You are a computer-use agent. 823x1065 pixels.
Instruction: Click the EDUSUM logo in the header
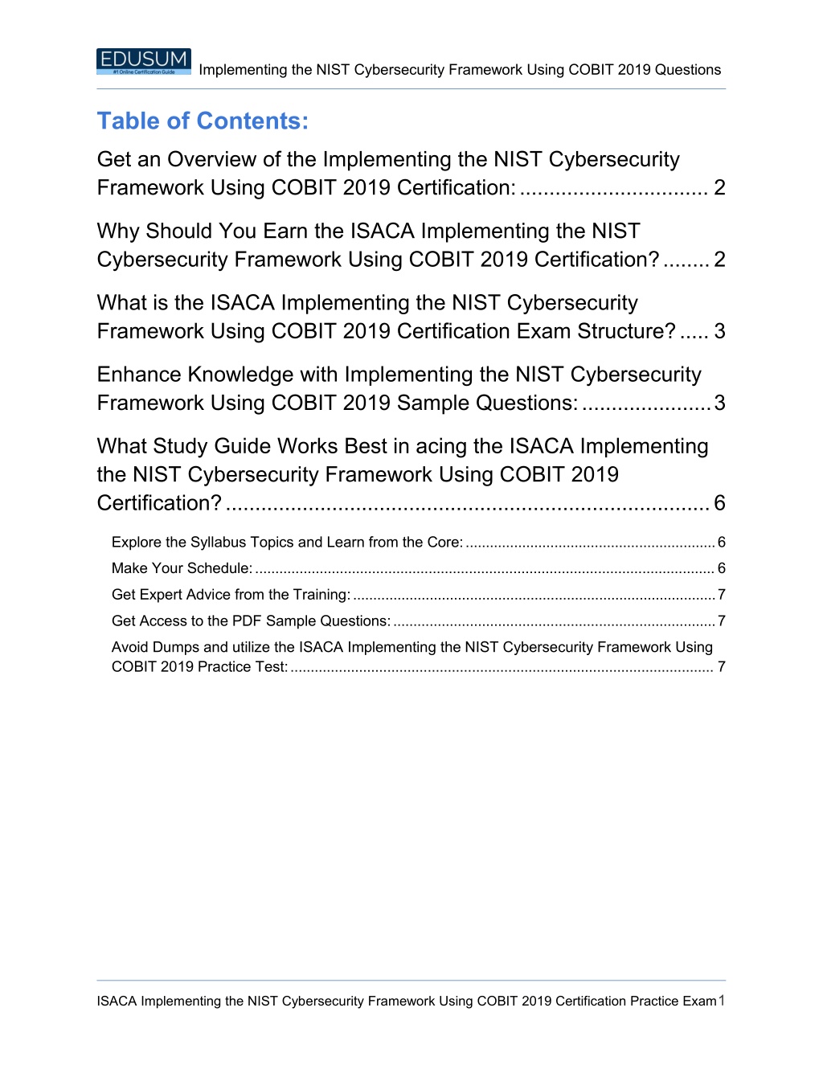[x=144, y=61]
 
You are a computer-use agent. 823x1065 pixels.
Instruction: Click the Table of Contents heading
[x=203, y=121]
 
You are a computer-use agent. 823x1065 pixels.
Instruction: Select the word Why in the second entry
[x=118, y=231]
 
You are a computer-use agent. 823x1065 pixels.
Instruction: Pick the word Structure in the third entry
[x=626, y=331]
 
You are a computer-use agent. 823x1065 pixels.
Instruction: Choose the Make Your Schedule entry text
[x=182, y=568]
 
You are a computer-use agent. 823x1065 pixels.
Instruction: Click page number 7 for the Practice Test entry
[x=722, y=667]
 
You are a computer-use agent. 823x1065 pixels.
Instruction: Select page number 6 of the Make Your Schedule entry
[x=722, y=568]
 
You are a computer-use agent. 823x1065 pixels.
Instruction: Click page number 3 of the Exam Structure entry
[x=720, y=331]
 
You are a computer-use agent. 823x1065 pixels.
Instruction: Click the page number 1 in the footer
[x=722, y=1001]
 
